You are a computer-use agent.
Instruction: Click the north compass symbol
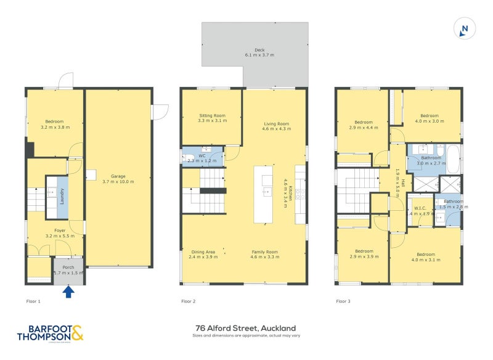pyautogui.click(x=465, y=28)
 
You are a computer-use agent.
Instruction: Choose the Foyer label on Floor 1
pyautogui.click(x=55, y=233)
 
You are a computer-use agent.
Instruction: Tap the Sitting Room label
pyautogui.click(x=212, y=118)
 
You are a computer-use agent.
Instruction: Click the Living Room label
pyautogui.click(x=275, y=126)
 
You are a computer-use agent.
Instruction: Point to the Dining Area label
pyautogui.click(x=202, y=254)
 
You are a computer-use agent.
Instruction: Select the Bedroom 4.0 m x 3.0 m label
pyautogui.click(x=430, y=118)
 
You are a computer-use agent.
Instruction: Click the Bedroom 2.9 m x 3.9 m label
pyautogui.click(x=364, y=254)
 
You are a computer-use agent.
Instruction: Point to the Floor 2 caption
pyautogui.click(x=188, y=301)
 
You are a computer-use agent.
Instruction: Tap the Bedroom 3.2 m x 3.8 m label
pyautogui.click(x=54, y=125)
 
